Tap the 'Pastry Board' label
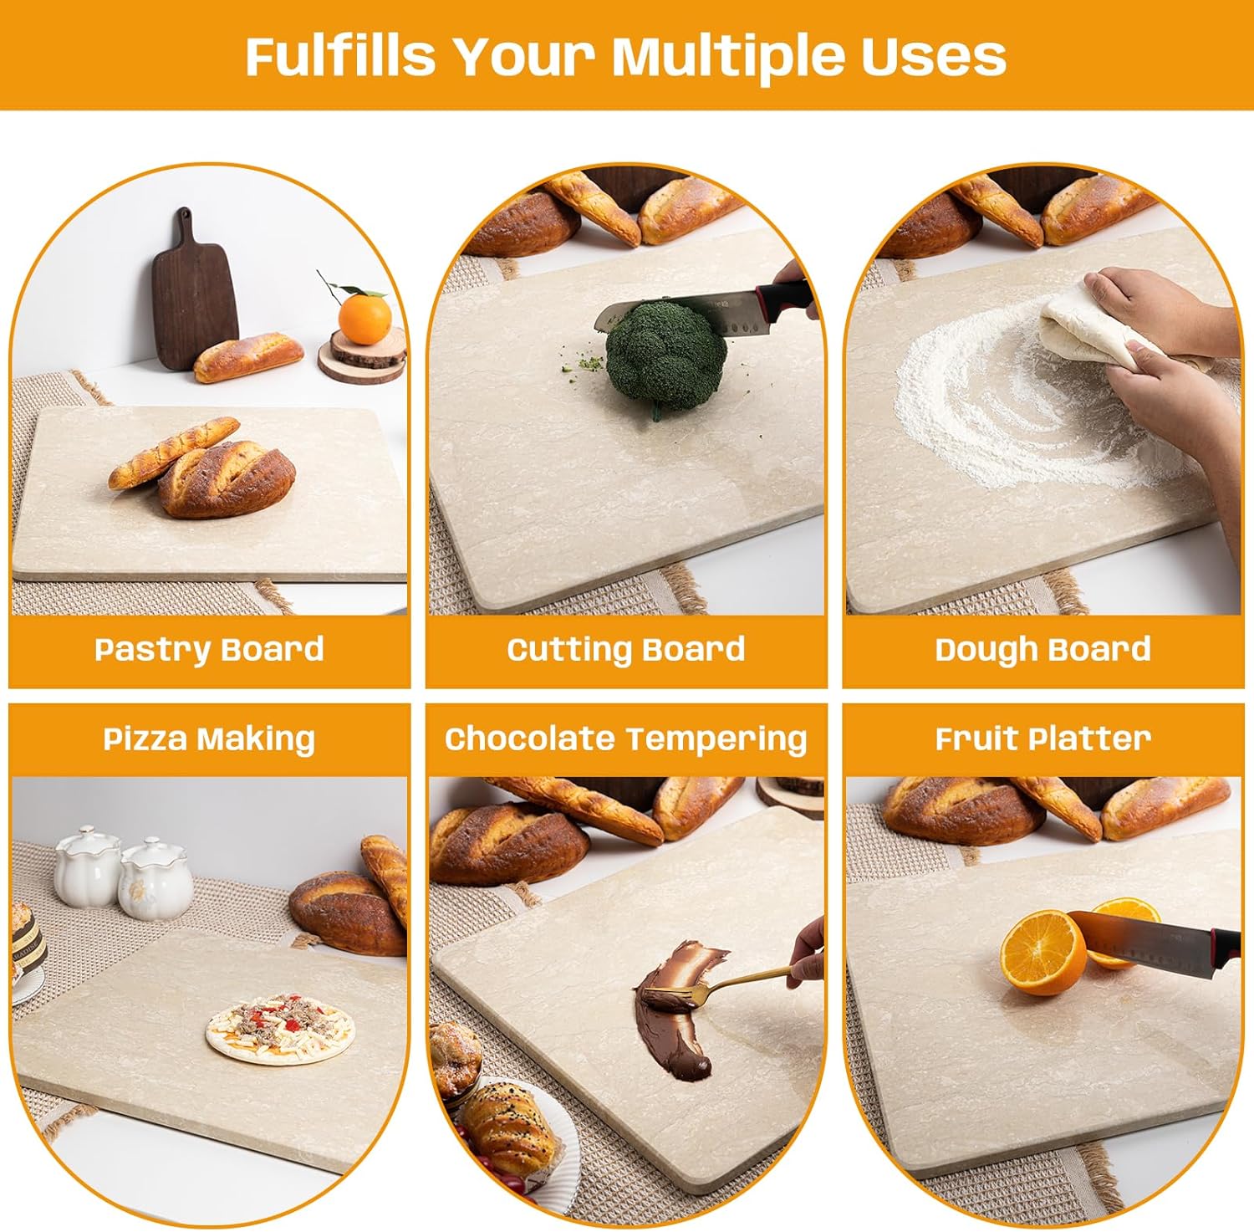point(209,650)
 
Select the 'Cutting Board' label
point(625,650)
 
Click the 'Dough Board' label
point(1042,650)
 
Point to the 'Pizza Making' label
point(209,739)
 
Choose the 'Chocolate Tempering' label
point(625,739)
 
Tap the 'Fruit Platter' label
point(1042,739)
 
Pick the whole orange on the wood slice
point(364,318)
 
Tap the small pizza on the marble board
point(281,1028)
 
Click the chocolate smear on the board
point(673,1012)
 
